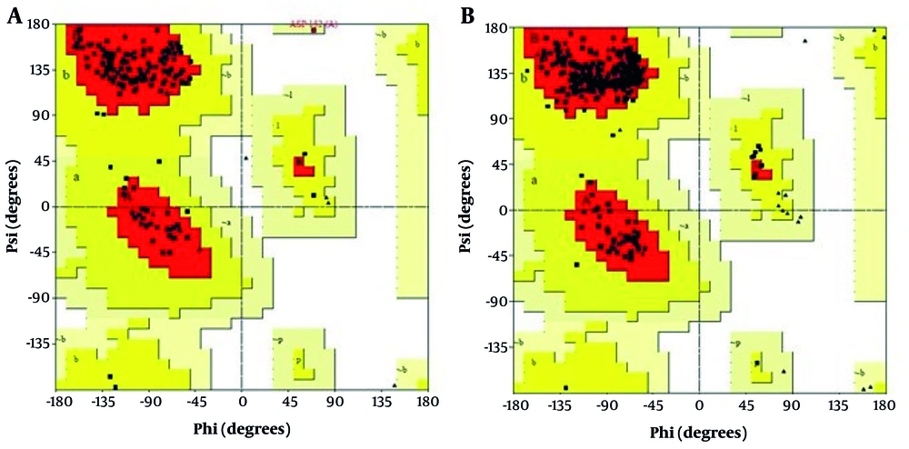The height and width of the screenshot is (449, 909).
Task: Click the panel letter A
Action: pyautogui.click(x=15, y=17)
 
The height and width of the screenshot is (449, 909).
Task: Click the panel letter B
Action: pyautogui.click(x=469, y=16)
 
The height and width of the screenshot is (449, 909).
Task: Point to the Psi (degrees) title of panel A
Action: pyautogui.click(x=15, y=208)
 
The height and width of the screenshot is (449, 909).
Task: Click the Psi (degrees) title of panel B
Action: pyautogui.click(x=472, y=210)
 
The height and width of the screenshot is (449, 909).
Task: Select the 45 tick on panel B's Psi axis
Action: pyautogui.click(x=498, y=165)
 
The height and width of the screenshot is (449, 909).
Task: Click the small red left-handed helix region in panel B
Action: pyautogui.click(x=761, y=170)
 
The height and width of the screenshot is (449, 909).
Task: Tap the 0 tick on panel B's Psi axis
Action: pyautogui.click(x=501, y=210)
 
